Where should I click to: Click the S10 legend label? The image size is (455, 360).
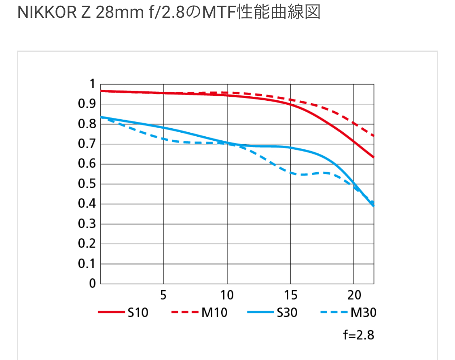point(138,312)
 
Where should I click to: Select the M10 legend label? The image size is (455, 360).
point(214,312)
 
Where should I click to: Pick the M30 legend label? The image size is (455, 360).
point(364,312)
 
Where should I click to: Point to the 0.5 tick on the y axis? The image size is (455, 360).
point(86,184)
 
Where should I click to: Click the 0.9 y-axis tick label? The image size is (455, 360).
point(86,104)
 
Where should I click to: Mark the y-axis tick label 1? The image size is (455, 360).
point(92,84)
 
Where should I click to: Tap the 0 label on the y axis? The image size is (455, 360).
point(92,284)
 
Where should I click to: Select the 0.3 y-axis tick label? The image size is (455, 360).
point(86,224)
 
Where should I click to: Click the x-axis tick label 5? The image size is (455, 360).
point(163,295)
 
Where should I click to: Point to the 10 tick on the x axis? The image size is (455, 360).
point(227,295)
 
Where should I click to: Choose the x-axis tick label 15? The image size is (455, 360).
point(290,295)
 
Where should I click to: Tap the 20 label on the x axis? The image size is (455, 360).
point(354,295)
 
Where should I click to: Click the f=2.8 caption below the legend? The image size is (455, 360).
point(358,335)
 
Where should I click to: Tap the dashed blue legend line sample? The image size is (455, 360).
point(334,312)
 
